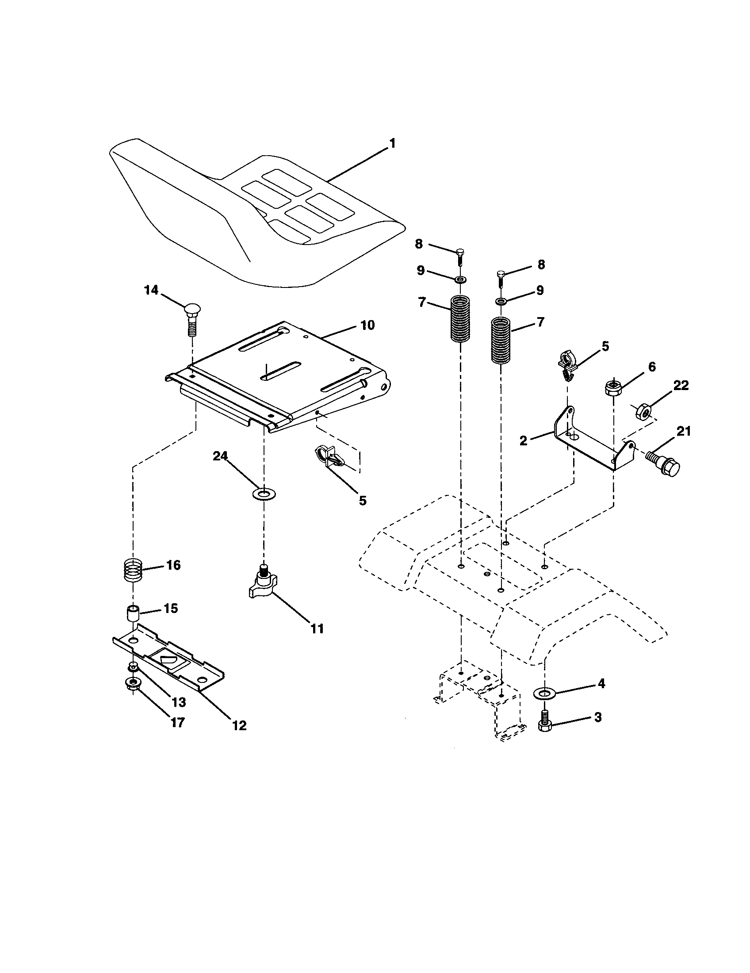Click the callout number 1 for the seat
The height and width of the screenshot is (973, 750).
392,144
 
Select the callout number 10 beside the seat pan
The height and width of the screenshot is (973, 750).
367,326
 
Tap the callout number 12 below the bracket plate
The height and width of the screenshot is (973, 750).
239,725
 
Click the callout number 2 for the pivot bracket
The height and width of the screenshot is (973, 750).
523,441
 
